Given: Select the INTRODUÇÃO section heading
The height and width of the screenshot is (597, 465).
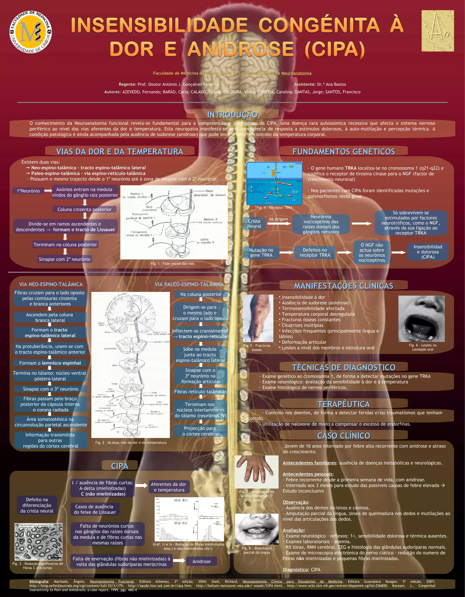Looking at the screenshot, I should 232,115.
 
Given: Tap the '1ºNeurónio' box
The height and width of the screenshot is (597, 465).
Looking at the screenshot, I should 28,191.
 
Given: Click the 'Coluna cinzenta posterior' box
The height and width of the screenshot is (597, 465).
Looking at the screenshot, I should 84,209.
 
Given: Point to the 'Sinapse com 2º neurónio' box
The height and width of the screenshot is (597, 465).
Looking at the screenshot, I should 64,259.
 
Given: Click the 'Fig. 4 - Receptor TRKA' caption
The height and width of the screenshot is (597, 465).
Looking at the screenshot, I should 274,208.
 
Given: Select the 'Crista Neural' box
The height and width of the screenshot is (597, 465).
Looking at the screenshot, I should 254,224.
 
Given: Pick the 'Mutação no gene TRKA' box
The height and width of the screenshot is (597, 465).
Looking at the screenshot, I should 261,253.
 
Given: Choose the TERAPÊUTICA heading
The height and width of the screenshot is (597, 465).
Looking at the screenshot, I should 344,404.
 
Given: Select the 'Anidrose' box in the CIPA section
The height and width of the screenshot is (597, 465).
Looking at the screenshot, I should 201,561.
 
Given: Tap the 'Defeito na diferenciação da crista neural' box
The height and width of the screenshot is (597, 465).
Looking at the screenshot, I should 37,505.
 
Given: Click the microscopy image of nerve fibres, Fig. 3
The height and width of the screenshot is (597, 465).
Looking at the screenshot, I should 38,542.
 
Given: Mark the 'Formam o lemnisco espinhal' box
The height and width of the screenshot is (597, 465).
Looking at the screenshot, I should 50,363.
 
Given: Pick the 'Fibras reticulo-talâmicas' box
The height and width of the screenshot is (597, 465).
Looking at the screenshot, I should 200,392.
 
